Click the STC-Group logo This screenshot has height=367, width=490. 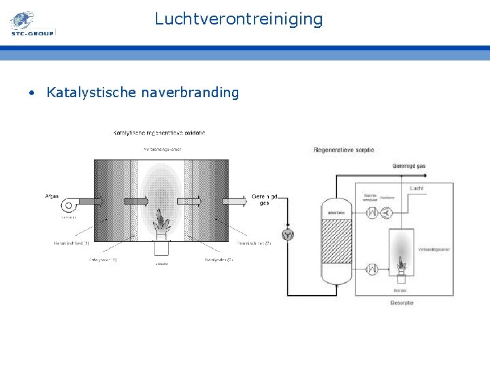(x=31, y=24)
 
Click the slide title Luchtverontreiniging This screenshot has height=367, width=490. (x=238, y=18)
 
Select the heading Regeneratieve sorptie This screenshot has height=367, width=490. (x=344, y=150)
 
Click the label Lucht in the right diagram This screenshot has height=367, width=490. (x=416, y=188)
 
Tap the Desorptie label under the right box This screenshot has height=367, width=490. (x=402, y=302)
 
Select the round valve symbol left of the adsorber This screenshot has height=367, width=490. (x=289, y=234)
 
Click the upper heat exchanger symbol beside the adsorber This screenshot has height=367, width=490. (x=372, y=213)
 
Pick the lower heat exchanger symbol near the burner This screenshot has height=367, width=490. (x=372, y=268)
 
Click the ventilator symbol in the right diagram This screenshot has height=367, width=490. (x=387, y=213)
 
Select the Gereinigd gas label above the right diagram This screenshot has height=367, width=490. (x=409, y=166)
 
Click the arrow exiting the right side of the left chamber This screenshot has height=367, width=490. (x=235, y=200)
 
